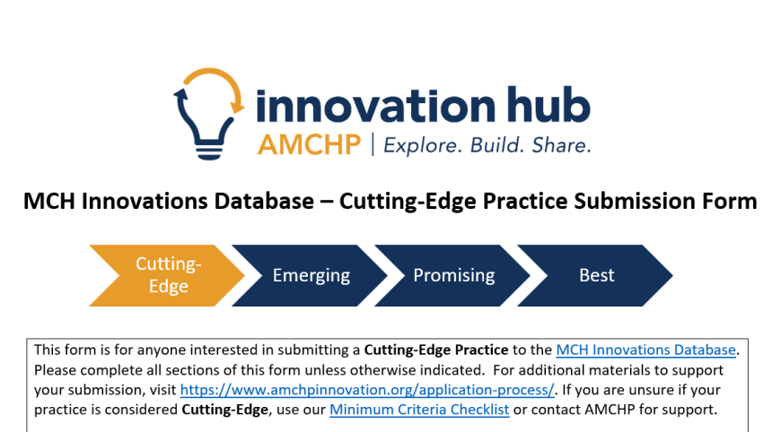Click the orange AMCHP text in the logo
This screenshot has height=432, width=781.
pyautogui.click(x=309, y=145)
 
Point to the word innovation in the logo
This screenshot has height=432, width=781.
pyautogui.click(x=376, y=106)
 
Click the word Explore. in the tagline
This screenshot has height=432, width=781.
pyautogui.click(x=421, y=145)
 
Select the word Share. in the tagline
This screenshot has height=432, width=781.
pyautogui.click(x=561, y=145)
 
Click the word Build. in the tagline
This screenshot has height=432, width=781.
pyautogui.click(x=496, y=145)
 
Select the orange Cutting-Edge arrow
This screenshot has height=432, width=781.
pyautogui.click(x=167, y=275)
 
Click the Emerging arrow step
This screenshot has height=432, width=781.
pyautogui.click(x=310, y=275)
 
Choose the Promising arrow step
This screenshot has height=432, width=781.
pyautogui.click(x=452, y=275)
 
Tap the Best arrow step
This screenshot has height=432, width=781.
pyautogui.click(x=595, y=275)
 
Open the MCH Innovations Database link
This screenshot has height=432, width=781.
pyautogui.click(x=646, y=350)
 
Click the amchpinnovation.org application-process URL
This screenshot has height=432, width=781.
pyautogui.click(x=367, y=390)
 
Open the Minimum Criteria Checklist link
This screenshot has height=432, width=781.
pyautogui.click(x=419, y=410)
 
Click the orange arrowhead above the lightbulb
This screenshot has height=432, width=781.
pyautogui.click(x=238, y=107)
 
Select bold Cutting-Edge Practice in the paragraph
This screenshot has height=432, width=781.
pyautogui.click(x=436, y=350)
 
